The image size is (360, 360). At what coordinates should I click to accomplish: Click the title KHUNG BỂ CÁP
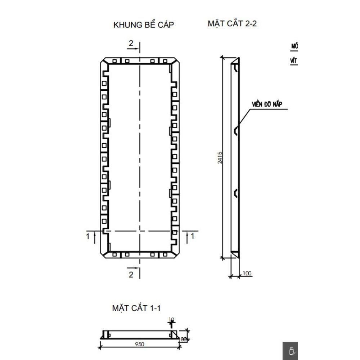click(144, 25)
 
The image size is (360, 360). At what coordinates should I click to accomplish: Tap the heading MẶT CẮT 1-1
click(136, 308)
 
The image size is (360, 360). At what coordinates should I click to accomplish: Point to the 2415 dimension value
click(220, 157)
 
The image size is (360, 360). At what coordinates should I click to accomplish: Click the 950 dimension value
click(140, 344)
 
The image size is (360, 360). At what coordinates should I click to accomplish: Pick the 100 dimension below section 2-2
click(247, 273)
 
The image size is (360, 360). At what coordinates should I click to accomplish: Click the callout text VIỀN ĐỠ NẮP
click(266, 104)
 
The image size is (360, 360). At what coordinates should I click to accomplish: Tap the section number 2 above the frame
click(131, 43)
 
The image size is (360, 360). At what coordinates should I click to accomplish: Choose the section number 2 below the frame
click(131, 275)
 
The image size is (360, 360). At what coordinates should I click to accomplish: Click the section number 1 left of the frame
click(87, 236)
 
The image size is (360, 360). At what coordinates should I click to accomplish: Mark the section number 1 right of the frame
click(193, 236)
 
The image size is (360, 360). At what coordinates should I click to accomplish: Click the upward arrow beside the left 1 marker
click(94, 237)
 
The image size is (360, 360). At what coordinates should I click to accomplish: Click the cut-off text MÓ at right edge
click(294, 46)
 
